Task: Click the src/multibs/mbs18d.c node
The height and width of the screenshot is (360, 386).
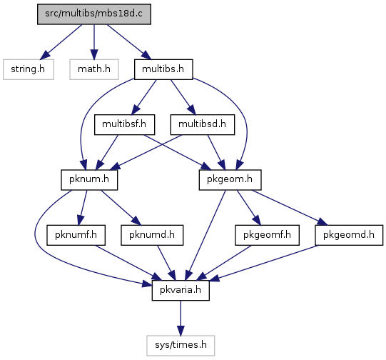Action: click(94, 14)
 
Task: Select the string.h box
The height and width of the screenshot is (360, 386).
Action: click(29, 69)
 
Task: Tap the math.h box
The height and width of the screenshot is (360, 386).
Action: click(94, 69)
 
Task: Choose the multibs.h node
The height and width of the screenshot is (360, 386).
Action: click(163, 69)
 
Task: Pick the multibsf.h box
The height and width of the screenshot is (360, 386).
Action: click(125, 124)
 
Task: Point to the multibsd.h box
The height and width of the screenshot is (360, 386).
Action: click(203, 124)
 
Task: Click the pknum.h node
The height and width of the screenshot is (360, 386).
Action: click(89, 179)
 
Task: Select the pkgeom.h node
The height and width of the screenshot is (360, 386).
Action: click(230, 179)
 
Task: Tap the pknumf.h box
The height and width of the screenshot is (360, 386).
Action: click(76, 235)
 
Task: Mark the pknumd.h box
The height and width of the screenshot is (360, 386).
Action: click(152, 235)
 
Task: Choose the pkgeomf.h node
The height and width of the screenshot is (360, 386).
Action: click(267, 235)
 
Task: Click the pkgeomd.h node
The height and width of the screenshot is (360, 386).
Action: click(349, 235)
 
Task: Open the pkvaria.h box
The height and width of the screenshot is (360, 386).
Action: click(181, 290)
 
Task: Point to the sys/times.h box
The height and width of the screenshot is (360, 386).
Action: click(181, 346)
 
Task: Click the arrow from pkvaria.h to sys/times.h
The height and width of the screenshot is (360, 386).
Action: click(181, 318)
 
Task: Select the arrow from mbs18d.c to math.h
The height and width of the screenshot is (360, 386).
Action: click(94, 42)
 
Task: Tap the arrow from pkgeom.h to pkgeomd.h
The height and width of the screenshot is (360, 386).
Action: click(290, 207)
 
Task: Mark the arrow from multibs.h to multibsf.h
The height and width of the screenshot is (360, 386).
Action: click(145, 96)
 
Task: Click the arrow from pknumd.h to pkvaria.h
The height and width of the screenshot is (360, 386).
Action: click(166, 263)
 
